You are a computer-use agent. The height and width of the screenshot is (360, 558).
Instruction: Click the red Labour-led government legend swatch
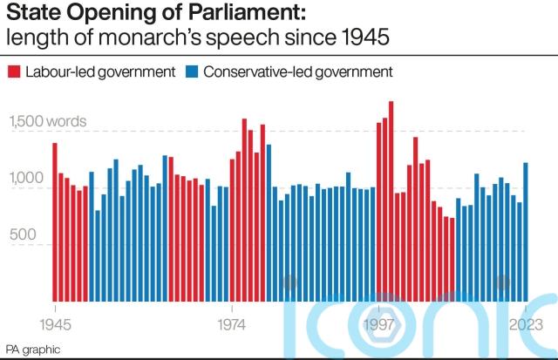[x=13, y=71]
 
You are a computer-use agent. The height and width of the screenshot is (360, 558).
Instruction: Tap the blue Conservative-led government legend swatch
[x=192, y=71]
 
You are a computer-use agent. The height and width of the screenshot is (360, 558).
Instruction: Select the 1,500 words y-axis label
[x=48, y=121]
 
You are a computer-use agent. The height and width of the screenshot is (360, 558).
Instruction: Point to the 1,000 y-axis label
[x=26, y=179]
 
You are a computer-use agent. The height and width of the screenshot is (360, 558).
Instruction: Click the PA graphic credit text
[x=33, y=349]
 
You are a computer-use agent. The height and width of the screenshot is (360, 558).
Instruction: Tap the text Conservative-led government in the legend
[x=297, y=71]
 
